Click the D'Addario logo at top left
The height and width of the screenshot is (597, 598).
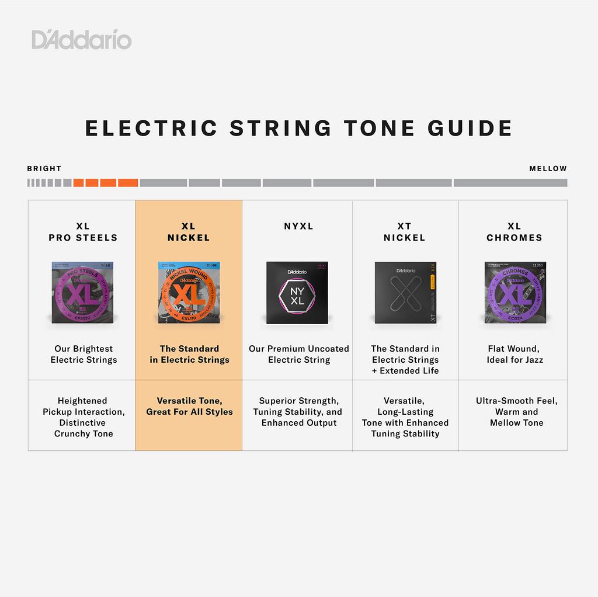(81, 40)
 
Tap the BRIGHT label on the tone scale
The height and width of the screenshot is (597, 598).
(44, 169)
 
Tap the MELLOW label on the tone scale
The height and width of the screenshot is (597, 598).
(548, 169)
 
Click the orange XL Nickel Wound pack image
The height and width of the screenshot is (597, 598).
(189, 292)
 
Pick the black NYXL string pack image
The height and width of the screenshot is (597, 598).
(297, 292)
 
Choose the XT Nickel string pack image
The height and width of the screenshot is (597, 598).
(405, 292)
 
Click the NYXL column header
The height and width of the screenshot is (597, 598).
(299, 226)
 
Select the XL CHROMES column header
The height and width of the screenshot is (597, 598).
(514, 232)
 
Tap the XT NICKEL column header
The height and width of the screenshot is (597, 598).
(405, 232)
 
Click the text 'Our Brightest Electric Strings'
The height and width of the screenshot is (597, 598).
(84, 354)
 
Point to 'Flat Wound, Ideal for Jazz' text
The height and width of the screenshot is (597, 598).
(514, 354)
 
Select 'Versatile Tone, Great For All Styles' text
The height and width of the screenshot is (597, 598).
(189, 406)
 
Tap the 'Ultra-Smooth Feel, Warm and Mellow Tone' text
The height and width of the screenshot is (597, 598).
(516, 411)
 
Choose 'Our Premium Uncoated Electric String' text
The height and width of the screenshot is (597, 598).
(299, 354)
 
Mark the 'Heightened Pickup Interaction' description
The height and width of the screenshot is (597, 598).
(84, 417)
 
